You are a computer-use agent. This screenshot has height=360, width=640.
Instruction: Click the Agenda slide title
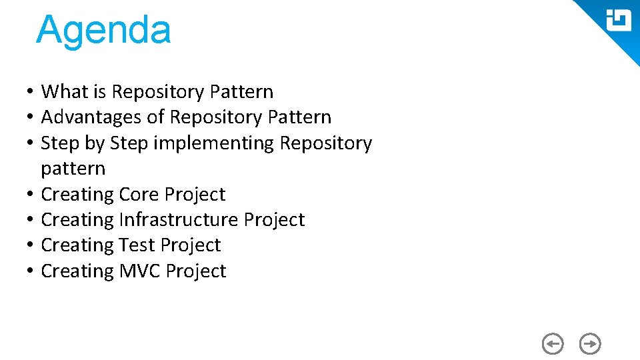coord(103,31)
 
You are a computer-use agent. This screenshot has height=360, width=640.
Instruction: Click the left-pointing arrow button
coord(553,344)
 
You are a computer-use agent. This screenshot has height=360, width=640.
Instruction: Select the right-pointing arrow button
coord(590,344)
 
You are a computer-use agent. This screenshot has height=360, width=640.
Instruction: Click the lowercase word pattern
coord(73,169)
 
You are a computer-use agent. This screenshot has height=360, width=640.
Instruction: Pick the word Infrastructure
coord(177,220)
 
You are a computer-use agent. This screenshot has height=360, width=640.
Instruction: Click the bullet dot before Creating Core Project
coord(31,195)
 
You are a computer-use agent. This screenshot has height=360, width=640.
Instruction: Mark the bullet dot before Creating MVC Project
coord(31,271)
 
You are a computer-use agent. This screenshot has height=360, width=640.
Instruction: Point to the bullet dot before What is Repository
coord(31,91)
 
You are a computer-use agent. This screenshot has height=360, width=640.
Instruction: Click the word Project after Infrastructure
coord(274,220)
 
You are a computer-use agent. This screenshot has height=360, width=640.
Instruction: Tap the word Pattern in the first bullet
coord(241,91)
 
